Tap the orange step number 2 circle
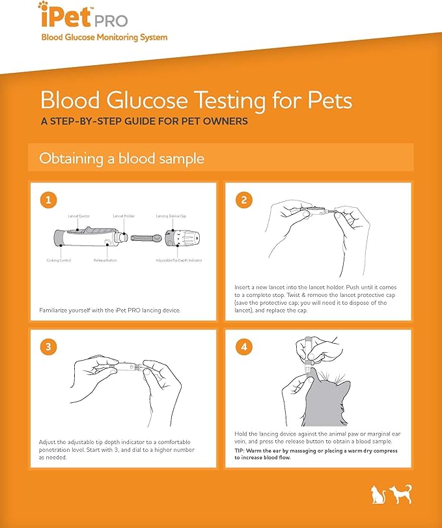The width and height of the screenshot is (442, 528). coord(243,201)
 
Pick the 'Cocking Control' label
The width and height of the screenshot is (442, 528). coord(59,260)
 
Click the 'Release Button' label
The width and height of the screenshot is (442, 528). coord(105,260)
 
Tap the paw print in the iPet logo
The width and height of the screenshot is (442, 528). coord(43,7)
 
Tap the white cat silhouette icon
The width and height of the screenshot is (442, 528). coord(376,493)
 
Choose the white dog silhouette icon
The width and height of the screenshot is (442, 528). coord(400,493)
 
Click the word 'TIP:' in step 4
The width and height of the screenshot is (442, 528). coord(242,451)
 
